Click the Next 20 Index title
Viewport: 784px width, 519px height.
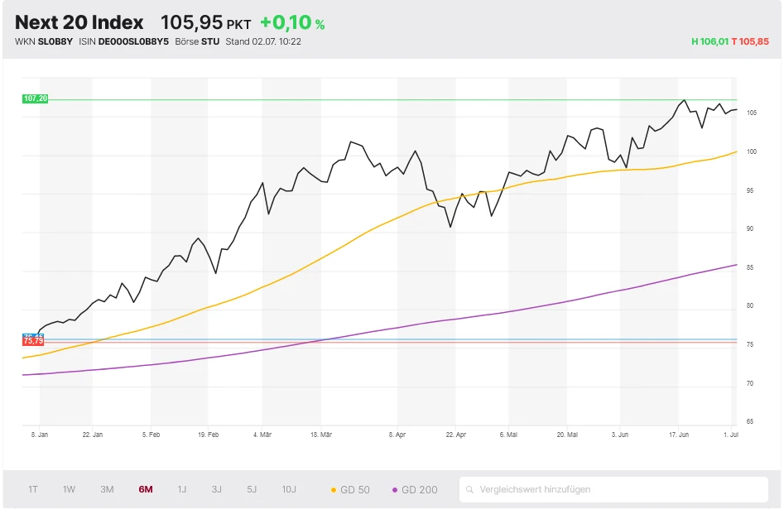tap(79, 23)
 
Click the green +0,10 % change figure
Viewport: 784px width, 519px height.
tap(291, 23)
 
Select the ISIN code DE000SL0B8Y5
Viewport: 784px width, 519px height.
tap(133, 41)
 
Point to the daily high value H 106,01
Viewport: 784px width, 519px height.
tap(709, 41)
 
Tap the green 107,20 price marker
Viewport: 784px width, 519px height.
tap(36, 99)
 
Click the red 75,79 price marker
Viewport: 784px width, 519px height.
tap(33, 341)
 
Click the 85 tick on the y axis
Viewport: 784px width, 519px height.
tap(750, 267)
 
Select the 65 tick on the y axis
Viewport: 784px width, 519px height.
tap(750, 422)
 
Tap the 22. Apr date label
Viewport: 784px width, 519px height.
tap(455, 434)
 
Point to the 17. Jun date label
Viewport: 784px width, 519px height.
tap(679, 434)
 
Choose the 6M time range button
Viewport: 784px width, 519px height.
tap(146, 489)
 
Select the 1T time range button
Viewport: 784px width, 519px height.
tap(33, 489)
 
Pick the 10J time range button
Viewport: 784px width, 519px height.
tap(288, 489)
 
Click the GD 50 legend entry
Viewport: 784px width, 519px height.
tap(350, 489)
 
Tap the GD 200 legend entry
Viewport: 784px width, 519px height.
tap(415, 489)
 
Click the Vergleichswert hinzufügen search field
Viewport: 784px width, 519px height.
tap(613, 489)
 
